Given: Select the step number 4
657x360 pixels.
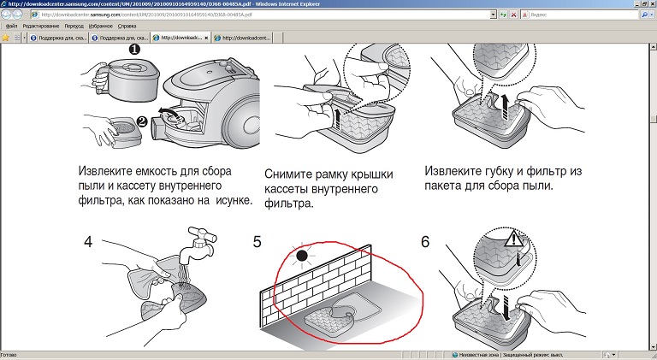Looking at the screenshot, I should click(x=88, y=241).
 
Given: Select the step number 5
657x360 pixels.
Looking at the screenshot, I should click(x=257, y=241).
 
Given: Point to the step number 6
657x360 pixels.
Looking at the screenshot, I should click(x=425, y=241).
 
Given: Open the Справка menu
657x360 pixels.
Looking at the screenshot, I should click(x=127, y=27).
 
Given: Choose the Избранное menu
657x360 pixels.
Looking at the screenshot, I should click(x=99, y=27).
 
